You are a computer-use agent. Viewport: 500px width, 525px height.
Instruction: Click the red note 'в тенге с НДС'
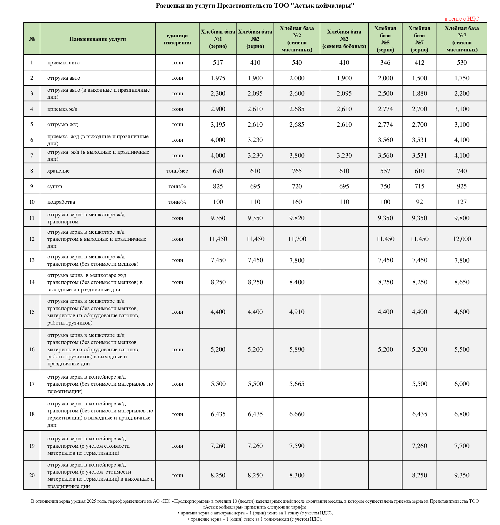click(x=461, y=19)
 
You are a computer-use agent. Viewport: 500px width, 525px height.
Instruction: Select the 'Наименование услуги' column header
click(x=97, y=39)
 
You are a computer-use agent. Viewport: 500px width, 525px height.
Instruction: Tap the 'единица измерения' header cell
click(x=177, y=39)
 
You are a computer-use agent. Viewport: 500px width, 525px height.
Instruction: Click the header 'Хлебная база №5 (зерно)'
click(x=385, y=39)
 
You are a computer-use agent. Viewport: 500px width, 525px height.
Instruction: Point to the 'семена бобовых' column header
click(x=344, y=39)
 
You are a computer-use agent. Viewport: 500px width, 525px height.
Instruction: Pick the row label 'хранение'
click(x=58, y=171)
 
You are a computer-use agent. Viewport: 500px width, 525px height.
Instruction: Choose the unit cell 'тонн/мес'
click(x=177, y=171)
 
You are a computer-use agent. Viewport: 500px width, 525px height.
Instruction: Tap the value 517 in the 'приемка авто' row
click(x=218, y=63)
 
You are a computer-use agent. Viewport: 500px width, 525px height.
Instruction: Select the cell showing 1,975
click(x=218, y=78)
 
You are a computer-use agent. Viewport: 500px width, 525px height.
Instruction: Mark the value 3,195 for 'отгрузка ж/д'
click(x=218, y=125)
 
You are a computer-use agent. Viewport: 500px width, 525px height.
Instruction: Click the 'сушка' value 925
click(x=462, y=186)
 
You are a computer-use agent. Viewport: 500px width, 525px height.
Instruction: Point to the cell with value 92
click(x=419, y=202)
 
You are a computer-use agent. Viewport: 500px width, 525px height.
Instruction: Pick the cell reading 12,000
click(x=462, y=239)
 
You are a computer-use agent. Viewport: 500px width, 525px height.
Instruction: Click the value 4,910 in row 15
click(x=297, y=312)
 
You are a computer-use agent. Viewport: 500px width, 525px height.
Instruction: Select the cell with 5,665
click(x=297, y=384)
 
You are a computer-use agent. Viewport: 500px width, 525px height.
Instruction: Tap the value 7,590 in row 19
click(x=297, y=446)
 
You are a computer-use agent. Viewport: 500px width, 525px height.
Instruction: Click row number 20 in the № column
click(x=32, y=475)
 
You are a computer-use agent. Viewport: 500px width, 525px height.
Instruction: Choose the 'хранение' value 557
click(x=385, y=171)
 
